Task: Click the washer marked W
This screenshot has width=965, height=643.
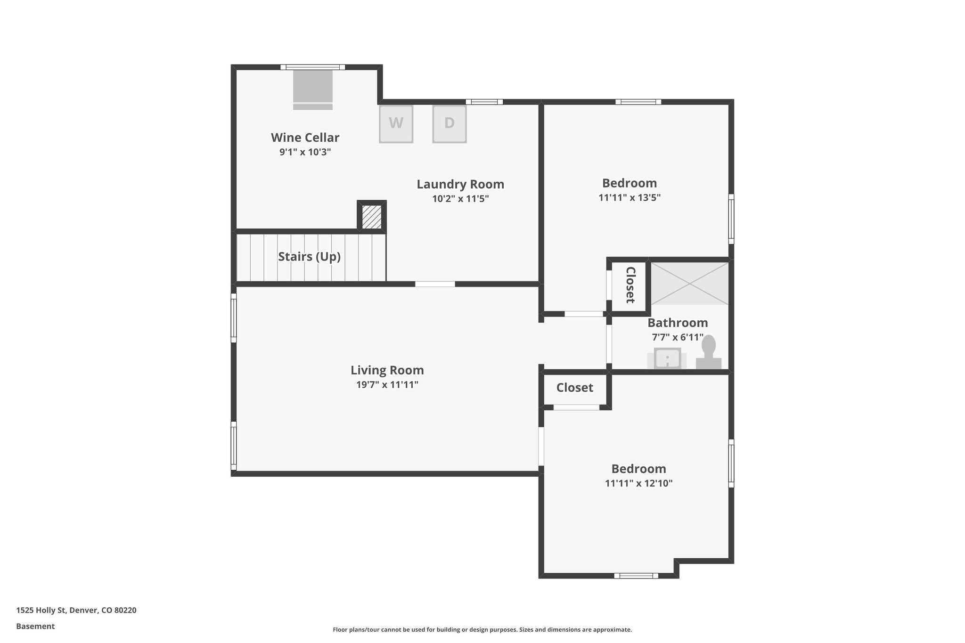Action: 396,124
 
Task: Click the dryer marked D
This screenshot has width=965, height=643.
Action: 450,124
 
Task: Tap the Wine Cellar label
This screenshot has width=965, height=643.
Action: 305,138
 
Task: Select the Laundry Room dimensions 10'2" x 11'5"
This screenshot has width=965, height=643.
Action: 460,199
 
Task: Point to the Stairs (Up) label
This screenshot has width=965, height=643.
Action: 309,257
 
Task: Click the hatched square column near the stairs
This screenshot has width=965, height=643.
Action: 372,217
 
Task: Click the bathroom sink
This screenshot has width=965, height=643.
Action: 667,359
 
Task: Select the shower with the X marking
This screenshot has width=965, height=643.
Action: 689,283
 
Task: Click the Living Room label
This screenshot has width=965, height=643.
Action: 387,370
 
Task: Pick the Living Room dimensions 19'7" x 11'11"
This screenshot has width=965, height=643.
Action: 387,385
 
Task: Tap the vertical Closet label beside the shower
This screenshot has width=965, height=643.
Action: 630,285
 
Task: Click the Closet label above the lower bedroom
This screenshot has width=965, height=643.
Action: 574,388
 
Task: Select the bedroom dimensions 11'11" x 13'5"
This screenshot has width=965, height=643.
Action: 629,198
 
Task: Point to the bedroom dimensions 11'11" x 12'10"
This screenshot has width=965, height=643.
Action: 638,483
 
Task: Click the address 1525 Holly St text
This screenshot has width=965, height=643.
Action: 76,610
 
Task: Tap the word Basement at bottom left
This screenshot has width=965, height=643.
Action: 35,627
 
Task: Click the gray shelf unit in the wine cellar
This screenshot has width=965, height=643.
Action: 313,90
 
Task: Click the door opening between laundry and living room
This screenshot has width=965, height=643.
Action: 435,284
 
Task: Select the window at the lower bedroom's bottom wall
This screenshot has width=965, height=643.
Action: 636,576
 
